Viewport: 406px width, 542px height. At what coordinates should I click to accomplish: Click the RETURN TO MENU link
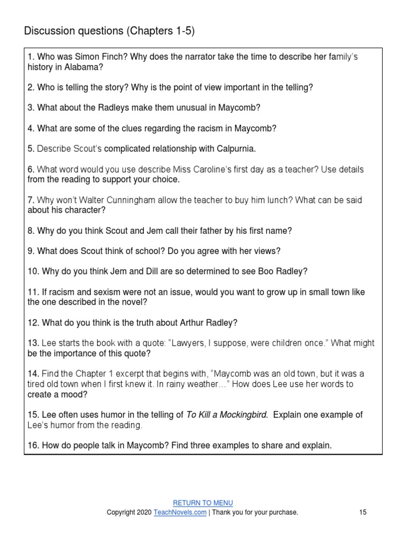coord(203,503)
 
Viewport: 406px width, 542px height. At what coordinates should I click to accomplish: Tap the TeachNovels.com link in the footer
coord(180,512)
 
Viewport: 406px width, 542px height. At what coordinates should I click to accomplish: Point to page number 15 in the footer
coord(363,512)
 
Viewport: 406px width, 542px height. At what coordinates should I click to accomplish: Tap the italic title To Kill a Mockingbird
coord(227,415)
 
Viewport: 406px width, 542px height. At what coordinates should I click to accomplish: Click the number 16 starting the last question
coord(33,446)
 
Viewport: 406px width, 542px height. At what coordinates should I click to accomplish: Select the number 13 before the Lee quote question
coord(33,343)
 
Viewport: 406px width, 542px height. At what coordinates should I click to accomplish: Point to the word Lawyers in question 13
coord(192,343)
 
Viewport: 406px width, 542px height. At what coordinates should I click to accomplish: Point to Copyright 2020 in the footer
coord(129,512)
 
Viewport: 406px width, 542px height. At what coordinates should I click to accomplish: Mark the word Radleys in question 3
coord(112,107)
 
